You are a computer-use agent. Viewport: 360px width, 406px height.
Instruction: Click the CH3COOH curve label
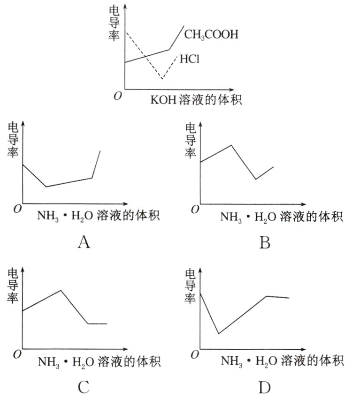pyautogui.click(x=211, y=34)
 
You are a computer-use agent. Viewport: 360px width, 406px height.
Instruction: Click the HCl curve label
pyautogui.click(x=190, y=60)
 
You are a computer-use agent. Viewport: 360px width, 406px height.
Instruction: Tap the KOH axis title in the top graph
pyautogui.click(x=196, y=100)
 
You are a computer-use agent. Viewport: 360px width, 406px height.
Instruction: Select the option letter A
pyautogui.click(x=84, y=242)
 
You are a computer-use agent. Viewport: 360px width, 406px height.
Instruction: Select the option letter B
pyautogui.click(x=265, y=242)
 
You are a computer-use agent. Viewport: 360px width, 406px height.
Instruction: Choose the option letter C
pyautogui.click(x=84, y=387)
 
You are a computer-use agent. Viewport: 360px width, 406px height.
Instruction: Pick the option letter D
pyautogui.click(x=265, y=387)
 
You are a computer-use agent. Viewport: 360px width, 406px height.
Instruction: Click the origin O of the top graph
pyautogui.click(x=118, y=95)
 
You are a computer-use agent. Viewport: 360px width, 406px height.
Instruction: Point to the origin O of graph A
pyautogui.click(x=17, y=209)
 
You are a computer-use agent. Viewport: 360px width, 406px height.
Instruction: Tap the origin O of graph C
pyautogui.click(x=17, y=354)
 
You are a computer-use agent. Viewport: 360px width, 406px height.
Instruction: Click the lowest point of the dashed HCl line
pyautogui.click(x=162, y=78)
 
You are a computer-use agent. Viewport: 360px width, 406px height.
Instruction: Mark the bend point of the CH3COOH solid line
pyautogui.click(x=169, y=50)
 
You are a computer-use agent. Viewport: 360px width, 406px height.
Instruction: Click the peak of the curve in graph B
pyautogui.click(x=231, y=145)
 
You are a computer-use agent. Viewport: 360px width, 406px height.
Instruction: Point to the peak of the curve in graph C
pyautogui.click(x=61, y=290)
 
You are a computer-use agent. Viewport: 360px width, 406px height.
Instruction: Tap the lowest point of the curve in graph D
pyautogui.click(x=218, y=334)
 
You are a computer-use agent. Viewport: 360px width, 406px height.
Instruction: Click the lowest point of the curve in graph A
pyautogui.click(x=46, y=187)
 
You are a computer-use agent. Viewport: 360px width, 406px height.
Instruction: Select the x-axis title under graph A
pyautogui.click(x=99, y=216)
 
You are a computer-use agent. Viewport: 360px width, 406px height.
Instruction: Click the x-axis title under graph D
pyautogui.click(x=282, y=361)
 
